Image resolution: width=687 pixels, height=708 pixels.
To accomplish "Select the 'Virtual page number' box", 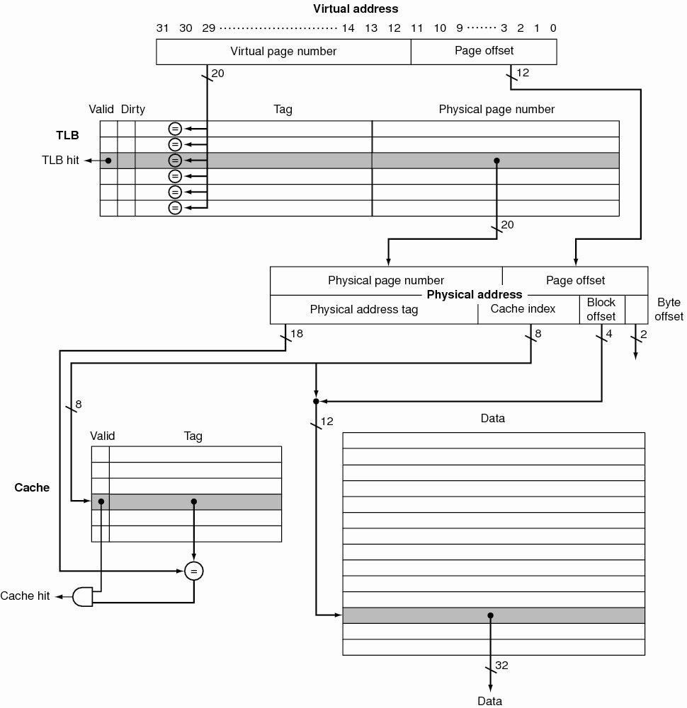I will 283,51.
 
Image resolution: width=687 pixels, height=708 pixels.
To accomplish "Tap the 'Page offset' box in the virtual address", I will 484,51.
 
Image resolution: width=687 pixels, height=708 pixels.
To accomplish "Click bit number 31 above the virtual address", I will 163,28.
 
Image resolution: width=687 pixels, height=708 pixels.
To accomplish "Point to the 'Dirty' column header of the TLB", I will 132,109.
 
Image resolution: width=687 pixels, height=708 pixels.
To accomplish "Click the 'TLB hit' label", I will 62,161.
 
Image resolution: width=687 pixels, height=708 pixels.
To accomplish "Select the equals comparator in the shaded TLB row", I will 175,161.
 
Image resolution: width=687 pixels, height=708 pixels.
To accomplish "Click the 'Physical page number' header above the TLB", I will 496,109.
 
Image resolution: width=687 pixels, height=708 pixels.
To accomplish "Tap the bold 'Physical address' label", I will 475,294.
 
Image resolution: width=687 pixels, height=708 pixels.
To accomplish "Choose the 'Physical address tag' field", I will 364,309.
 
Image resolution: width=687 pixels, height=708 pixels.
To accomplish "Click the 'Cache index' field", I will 523,308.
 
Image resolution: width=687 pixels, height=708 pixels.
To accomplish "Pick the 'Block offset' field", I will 601,309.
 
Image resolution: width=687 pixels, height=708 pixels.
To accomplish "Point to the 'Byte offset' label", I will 669,309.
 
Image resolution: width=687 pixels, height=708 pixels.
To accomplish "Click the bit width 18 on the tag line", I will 297,334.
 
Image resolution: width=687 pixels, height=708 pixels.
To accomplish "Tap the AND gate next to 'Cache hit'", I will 84,596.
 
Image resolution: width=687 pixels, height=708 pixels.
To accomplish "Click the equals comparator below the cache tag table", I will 193,570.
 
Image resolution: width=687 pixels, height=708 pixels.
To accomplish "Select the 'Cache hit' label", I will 25,596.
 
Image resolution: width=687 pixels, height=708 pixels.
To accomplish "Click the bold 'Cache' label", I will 32,487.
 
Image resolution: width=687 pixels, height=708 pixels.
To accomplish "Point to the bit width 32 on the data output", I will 502,666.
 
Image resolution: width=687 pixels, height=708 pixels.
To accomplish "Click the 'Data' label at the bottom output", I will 489,700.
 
